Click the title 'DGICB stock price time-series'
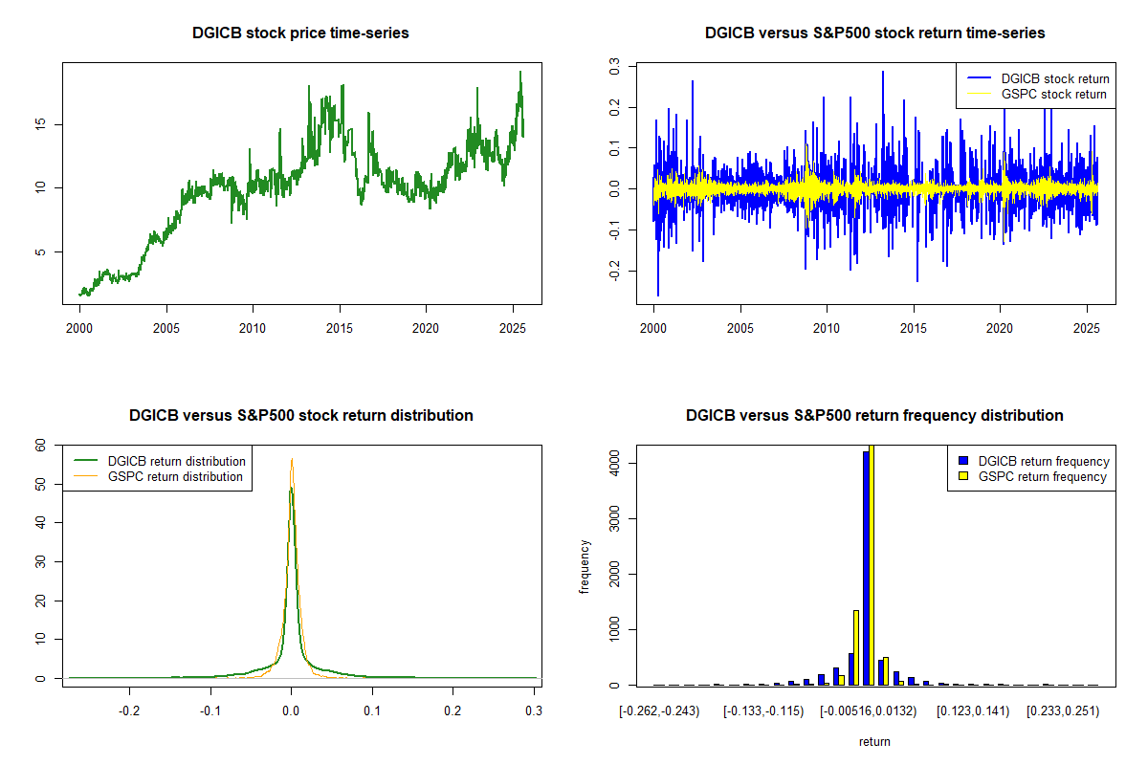[300, 33]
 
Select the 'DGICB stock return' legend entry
[1038, 78]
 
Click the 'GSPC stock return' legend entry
[1037, 94]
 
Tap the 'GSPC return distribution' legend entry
[159, 476]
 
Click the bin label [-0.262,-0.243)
[659, 711]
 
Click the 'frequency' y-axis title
[585, 567]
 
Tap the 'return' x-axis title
[874, 741]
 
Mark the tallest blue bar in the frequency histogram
[866, 568]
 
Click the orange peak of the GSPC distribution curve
[292, 459]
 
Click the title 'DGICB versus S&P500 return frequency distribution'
[874, 415]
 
